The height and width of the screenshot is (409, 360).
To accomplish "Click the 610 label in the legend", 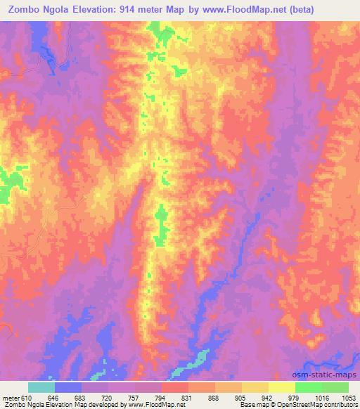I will pos(27,398).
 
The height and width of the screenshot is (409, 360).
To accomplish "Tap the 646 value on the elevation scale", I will pos(55,398).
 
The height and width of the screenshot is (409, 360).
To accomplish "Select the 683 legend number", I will pos(82,398).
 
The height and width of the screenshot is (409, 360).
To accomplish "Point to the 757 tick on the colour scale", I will pos(135,398).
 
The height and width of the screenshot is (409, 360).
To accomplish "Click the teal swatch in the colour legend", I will pos(41,387).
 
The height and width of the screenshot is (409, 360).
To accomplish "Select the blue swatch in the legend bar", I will pos(68,387).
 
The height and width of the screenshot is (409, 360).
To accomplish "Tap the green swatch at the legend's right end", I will pos(335,387).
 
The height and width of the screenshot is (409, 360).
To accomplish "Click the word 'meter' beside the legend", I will pos(10,398).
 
